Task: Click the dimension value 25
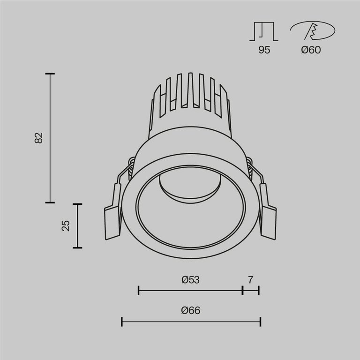tap(66, 225)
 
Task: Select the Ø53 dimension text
tap(190, 280)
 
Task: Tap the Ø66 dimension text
tap(190, 310)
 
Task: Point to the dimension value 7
tap(251, 280)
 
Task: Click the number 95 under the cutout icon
tap(264, 50)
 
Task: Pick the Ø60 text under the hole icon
tap(311, 50)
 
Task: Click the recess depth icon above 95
tap(264, 31)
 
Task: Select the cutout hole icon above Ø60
tap(312, 31)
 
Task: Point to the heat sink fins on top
tap(190, 94)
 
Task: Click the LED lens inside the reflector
tap(190, 185)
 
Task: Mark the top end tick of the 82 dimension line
tap(50, 74)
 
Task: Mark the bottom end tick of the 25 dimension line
tap(77, 247)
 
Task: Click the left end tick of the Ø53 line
tap(139, 291)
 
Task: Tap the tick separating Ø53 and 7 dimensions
tap(242, 291)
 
